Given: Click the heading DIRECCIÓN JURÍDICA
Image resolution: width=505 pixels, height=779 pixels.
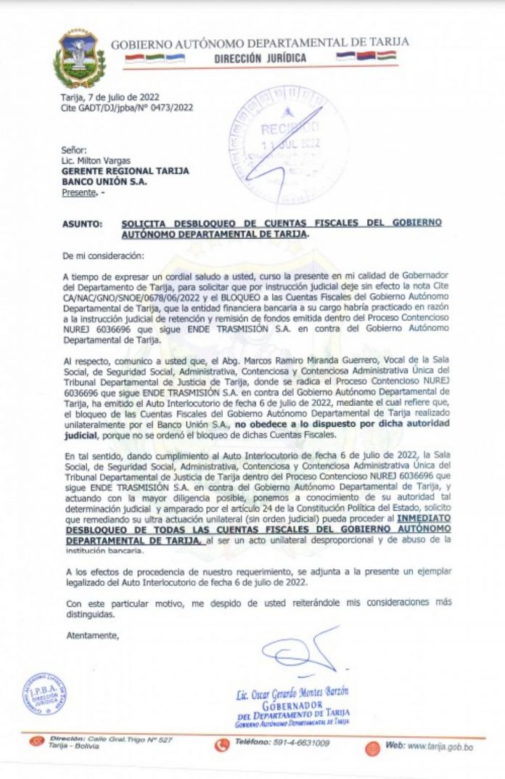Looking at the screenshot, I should (x=260, y=58).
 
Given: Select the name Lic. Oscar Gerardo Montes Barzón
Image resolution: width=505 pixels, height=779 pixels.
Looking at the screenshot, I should (x=292, y=694).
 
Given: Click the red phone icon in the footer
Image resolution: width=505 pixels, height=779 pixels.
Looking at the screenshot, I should (x=222, y=745).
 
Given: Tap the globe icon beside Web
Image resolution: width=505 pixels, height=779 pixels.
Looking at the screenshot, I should (x=372, y=748).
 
